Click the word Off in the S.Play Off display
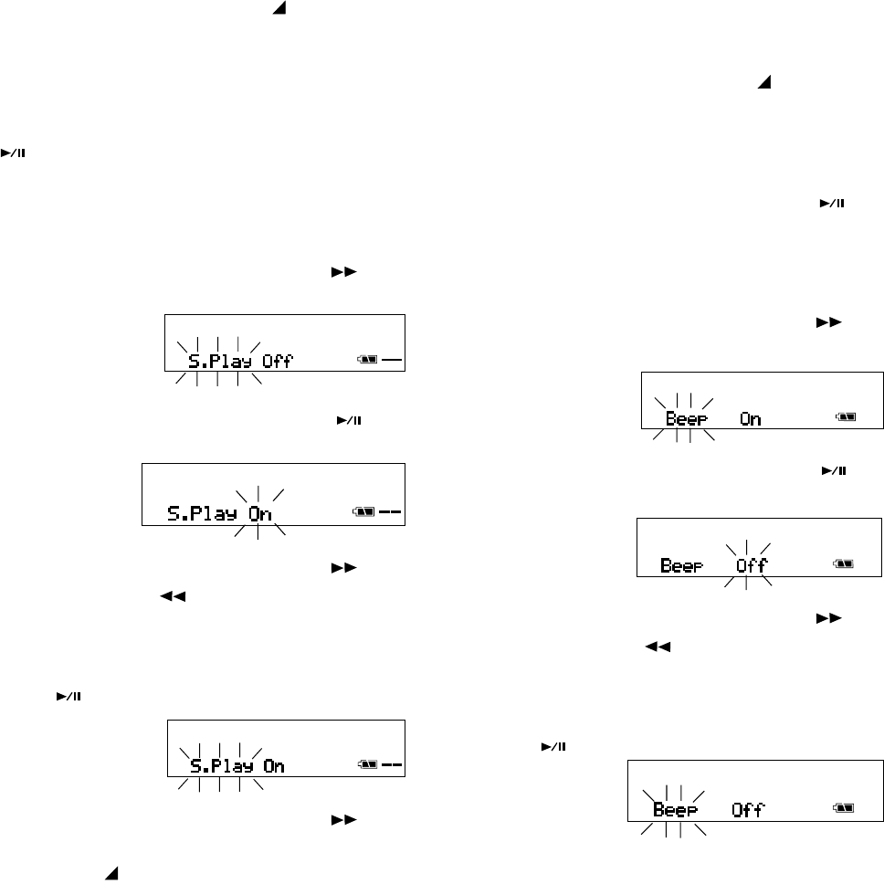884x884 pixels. (278, 362)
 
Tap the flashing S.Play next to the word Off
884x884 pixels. (223, 362)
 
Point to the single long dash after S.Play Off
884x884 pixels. (392, 361)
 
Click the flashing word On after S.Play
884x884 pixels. (260, 513)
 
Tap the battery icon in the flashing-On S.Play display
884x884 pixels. (364, 512)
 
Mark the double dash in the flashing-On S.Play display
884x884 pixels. (390, 512)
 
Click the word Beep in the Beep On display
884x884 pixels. (685, 419)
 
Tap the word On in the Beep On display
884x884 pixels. (751, 419)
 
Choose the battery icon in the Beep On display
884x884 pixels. (846, 417)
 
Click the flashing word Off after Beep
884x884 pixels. (752, 565)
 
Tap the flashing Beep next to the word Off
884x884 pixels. (674, 809)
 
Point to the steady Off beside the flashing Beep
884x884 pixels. (748, 809)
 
